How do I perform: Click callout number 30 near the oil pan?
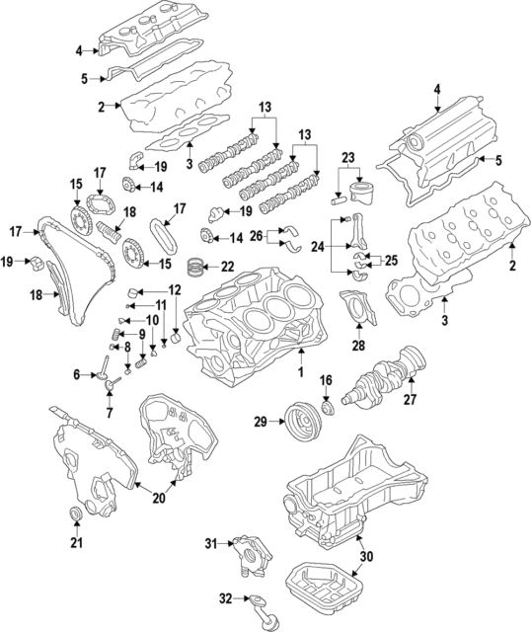[x=366, y=557]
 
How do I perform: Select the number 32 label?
[x=225, y=598]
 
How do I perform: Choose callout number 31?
[x=210, y=544]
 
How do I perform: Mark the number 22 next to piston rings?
[x=228, y=267]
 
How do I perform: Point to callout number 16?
[x=326, y=380]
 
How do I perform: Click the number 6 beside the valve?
[x=77, y=374]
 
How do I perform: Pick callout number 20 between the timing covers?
[x=158, y=498]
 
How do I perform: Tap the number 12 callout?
[x=175, y=290]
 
